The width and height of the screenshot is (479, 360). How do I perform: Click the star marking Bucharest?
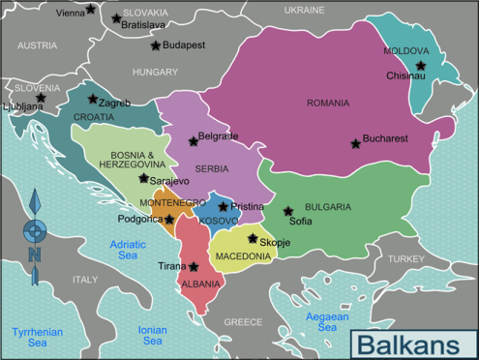point(356,143)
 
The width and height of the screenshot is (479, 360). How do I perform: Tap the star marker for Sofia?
point(287,211)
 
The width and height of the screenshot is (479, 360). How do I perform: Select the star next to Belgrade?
point(193,141)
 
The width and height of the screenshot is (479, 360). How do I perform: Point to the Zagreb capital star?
point(93,99)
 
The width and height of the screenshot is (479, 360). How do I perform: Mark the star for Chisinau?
point(421,66)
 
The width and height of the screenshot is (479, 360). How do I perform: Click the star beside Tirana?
point(194,266)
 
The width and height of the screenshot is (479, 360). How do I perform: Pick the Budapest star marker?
point(155,45)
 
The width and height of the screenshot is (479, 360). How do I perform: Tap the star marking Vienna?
point(91,10)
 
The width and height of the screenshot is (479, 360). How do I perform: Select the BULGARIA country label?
point(327,206)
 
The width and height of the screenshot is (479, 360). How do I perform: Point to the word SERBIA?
point(211,167)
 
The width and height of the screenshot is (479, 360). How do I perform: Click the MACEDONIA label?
point(243,256)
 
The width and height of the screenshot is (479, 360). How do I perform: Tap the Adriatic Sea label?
point(128,250)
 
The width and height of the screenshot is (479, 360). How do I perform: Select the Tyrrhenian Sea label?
point(37,337)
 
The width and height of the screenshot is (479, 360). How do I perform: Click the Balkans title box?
point(410,343)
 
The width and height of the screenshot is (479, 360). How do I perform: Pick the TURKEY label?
point(406,259)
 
